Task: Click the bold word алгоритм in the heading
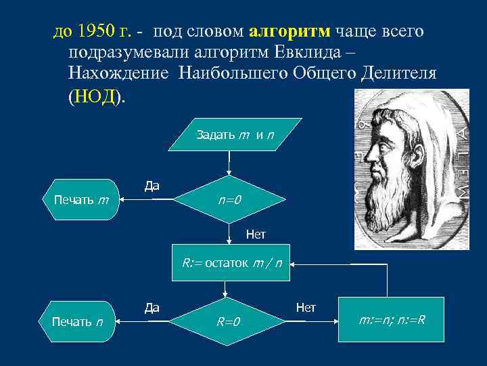(290, 31)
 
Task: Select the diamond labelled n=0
(229, 200)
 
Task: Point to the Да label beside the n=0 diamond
(152, 186)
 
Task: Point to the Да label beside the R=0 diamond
(152, 308)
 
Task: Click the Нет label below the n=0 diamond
(256, 235)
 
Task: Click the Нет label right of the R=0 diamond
(306, 307)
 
